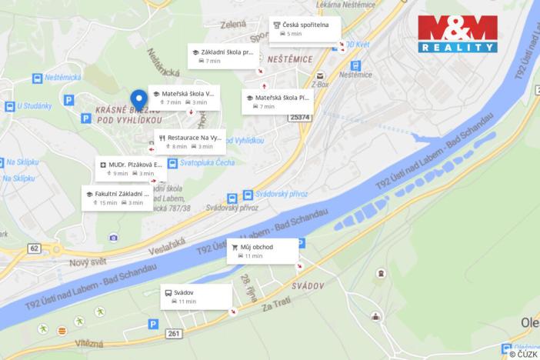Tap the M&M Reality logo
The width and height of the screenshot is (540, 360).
coord(457,34)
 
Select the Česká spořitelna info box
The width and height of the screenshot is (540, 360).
coord(305,28)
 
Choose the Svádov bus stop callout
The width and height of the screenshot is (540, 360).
coord(195,296)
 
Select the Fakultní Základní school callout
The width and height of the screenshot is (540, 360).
coord(116,198)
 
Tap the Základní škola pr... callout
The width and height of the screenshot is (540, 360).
coord(223,55)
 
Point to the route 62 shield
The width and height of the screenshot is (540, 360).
coord(33,248)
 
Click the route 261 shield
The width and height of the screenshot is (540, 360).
coord(174,333)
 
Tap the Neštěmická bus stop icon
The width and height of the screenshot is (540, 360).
coord(37,78)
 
